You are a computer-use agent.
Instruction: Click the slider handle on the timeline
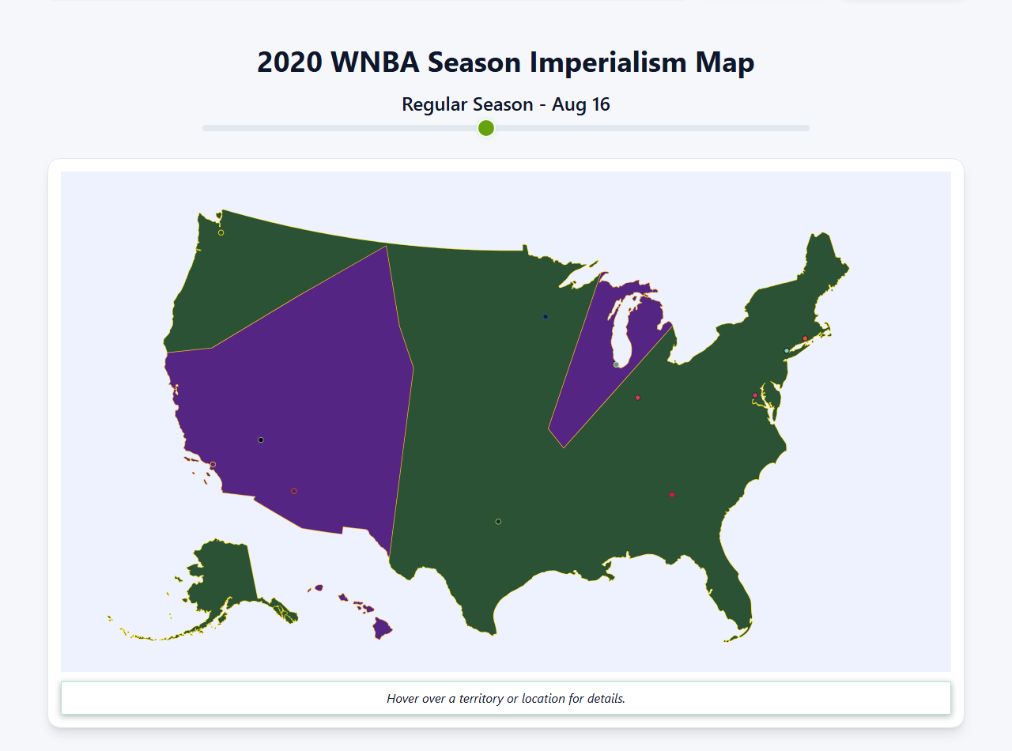pos(486,128)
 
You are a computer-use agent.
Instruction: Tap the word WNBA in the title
pos(375,62)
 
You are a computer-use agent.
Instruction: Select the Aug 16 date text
pos(581,104)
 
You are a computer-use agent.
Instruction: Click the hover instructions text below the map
pos(506,699)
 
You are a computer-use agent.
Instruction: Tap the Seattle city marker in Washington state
pos(221,232)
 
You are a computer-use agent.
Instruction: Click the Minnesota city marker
pos(546,317)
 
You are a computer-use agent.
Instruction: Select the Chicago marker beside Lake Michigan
pos(617,364)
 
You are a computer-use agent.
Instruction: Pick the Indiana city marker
pos(638,398)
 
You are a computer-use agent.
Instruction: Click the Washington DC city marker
pos(755,395)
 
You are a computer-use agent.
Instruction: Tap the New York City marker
pos(786,351)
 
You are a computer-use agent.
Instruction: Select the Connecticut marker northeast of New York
pos(806,338)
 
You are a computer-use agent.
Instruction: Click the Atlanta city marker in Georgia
pos(672,495)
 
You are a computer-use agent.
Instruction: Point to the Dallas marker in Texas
pos(498,521)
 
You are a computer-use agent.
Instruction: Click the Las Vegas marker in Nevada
pos(261,440)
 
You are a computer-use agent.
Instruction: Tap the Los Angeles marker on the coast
pos(213,464)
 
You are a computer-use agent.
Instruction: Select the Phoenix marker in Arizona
pos(294,491)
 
